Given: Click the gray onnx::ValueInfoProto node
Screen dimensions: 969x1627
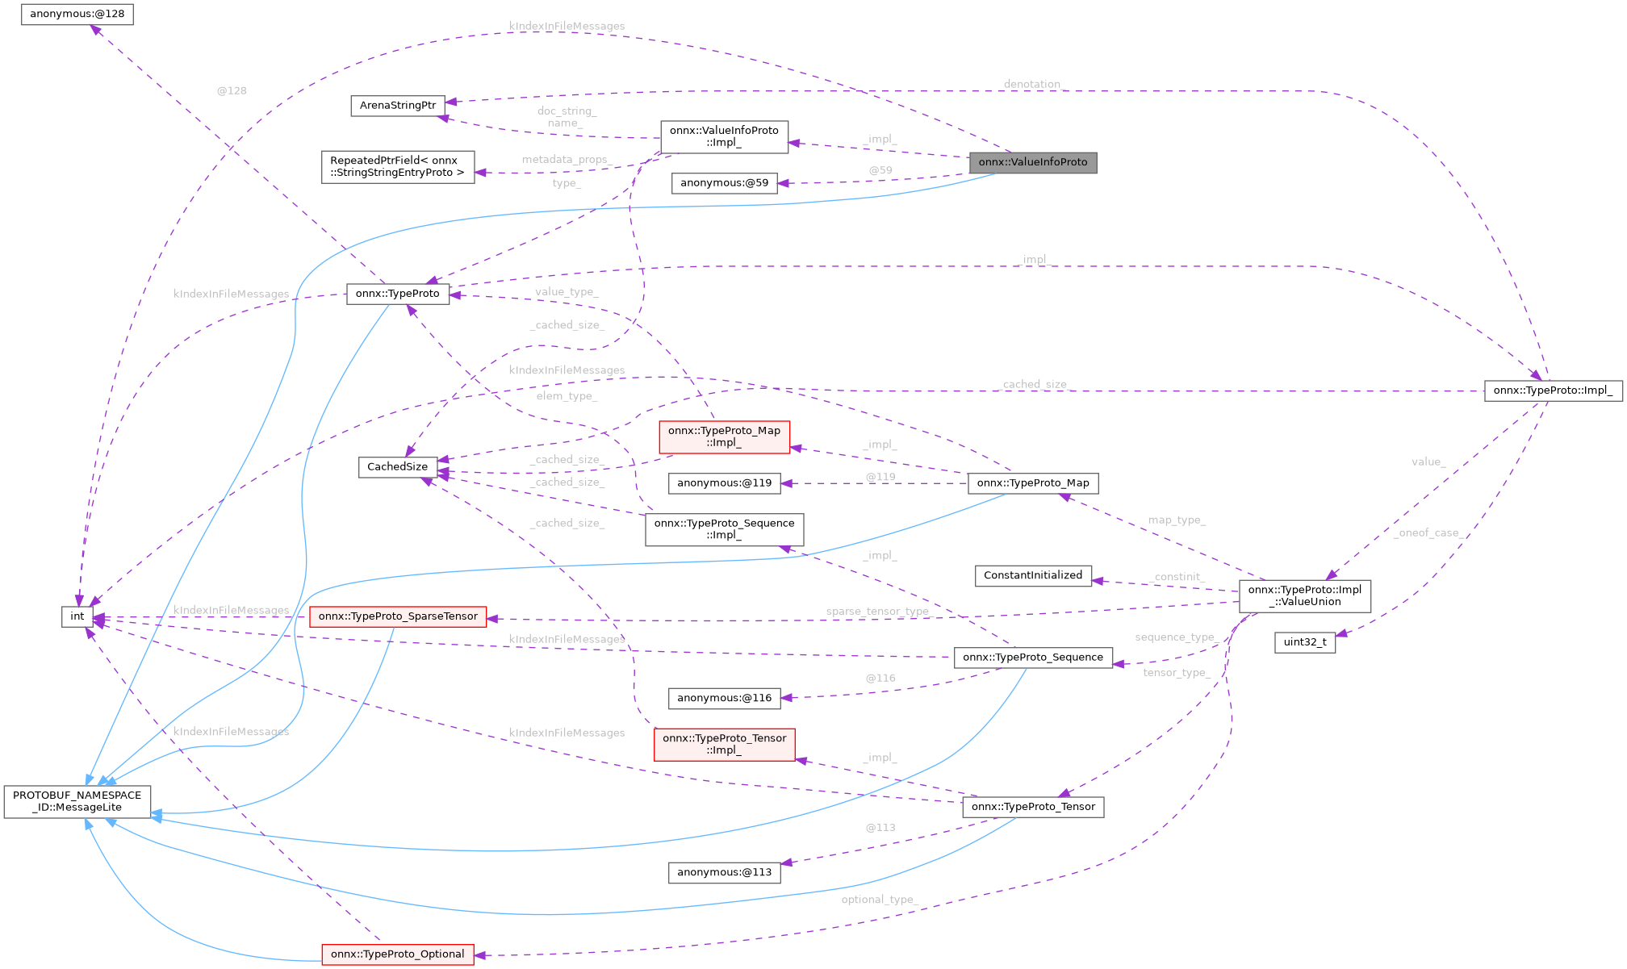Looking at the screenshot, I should pos(1032,162).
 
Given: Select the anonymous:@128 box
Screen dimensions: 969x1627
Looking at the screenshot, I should pos(77,15).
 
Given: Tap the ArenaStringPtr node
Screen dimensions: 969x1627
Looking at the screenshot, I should pos(398,106).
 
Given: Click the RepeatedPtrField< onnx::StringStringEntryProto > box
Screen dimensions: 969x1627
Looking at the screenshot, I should pos(398,167).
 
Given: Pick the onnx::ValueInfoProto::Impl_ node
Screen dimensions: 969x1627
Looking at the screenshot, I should pos(724,136).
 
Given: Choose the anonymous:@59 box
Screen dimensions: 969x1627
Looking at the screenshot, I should pos(724,183).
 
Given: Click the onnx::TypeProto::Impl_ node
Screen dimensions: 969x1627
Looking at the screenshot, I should pos(1553,391).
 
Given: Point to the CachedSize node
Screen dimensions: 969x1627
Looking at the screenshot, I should pos(397,467).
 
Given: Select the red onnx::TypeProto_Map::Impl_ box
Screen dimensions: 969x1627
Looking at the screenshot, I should pos(724,436).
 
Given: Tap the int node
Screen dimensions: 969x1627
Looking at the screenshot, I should pos(77,616).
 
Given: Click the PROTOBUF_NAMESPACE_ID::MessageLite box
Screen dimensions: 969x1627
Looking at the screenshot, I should pos(77,801).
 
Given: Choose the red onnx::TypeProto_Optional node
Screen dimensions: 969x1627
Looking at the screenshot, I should pos(397,954).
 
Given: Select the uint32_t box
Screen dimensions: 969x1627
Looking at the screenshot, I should pos(1304,642).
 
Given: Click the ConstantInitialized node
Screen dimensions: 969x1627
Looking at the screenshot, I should pos(1033,575).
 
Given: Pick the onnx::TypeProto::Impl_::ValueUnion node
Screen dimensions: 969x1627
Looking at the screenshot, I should pos(1304,595).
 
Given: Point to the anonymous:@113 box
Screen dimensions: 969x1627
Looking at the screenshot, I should pos(724,872).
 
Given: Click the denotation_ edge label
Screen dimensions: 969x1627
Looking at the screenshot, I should pos(1034,84).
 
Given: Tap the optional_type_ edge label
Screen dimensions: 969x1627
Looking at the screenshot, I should pos(879,900).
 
